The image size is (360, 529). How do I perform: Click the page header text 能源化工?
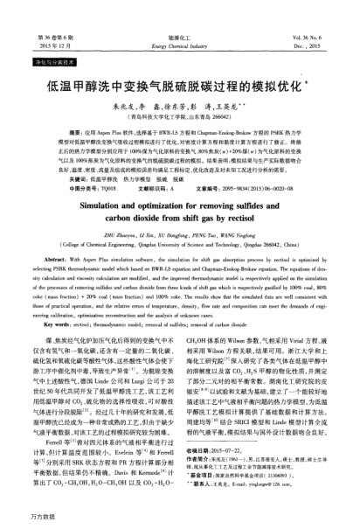tap(179, 38)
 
